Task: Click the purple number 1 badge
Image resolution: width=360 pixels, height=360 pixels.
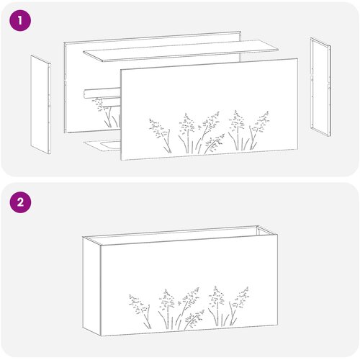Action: tap(20, 20)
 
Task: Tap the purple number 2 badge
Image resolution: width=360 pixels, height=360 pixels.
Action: tap(20, 202)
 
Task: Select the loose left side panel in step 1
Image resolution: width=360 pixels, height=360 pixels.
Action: tap(40, 104)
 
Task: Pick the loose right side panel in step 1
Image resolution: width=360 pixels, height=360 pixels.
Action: tap(320, 87)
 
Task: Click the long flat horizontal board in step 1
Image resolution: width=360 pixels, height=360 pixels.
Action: tap(181, 50)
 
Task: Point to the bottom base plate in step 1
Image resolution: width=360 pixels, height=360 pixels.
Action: tap(102, 145)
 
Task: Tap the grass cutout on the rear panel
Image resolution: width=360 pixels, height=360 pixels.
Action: tap(107, 112)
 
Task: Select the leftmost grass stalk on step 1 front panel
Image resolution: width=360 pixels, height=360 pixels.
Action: tap(160, 135)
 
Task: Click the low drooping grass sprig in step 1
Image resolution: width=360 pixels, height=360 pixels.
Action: tap(214, 143)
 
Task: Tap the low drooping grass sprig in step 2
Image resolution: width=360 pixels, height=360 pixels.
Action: tap(194, 319)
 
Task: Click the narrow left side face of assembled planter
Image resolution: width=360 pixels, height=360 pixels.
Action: tap(91, 286)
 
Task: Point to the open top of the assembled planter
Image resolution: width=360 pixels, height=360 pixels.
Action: tap(181, 235)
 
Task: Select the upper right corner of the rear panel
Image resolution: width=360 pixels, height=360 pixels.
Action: tap(240, 31)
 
